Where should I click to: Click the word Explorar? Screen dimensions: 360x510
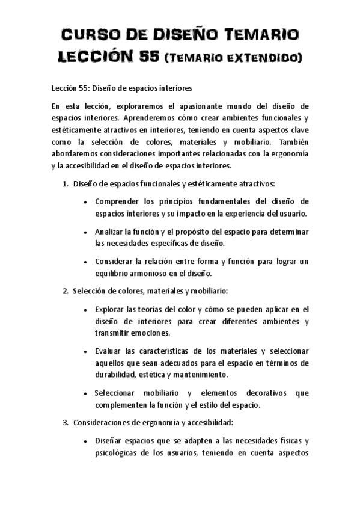(111, 309)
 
